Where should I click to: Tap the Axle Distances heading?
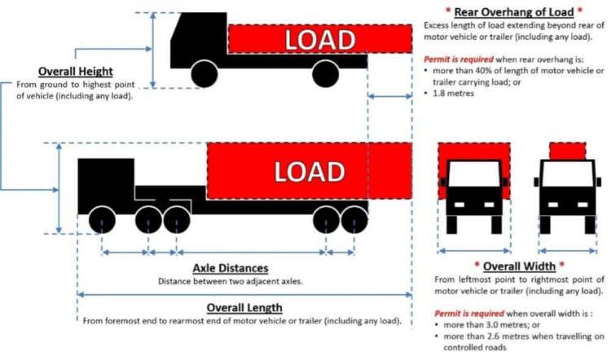click(230, 268)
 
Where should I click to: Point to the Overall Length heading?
click(244, 307)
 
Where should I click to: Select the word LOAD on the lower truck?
click(309, 172)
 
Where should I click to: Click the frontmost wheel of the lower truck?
click(101, 219)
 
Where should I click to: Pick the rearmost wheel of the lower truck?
click(354, 219)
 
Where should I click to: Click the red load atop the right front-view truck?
click(569, 150)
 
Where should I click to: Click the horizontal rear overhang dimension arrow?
click(390, 96)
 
